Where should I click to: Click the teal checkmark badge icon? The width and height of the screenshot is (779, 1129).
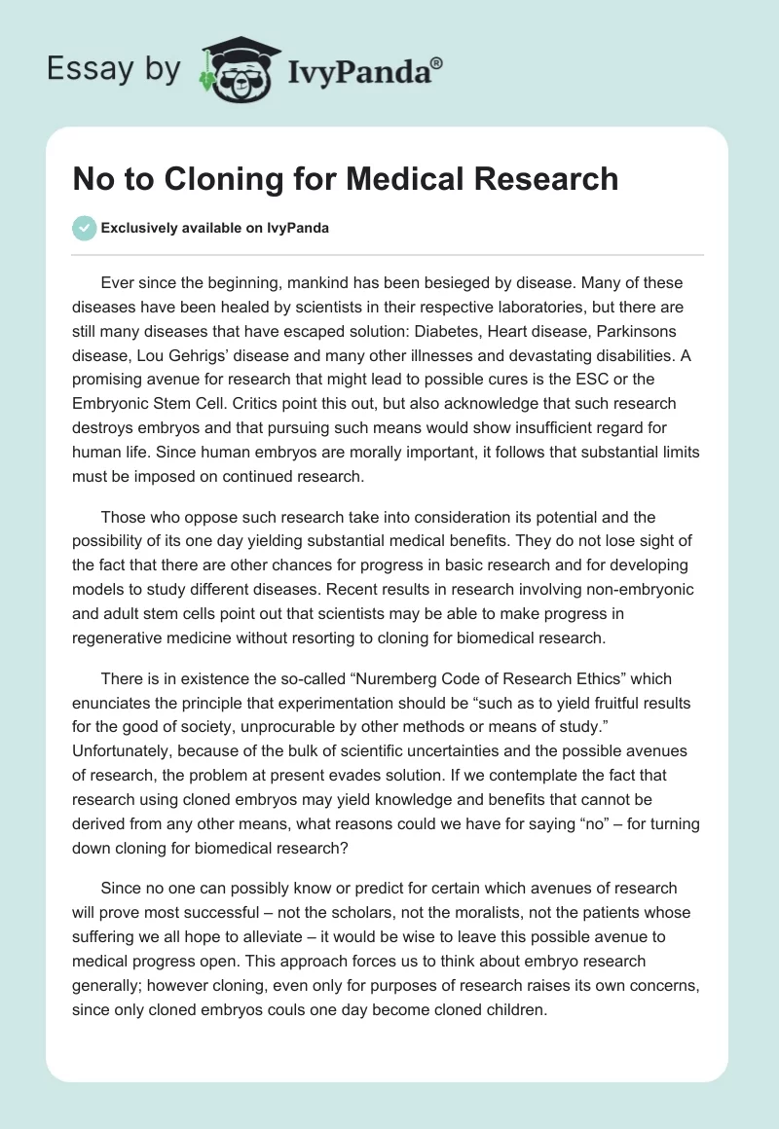(x=84, y=228)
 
